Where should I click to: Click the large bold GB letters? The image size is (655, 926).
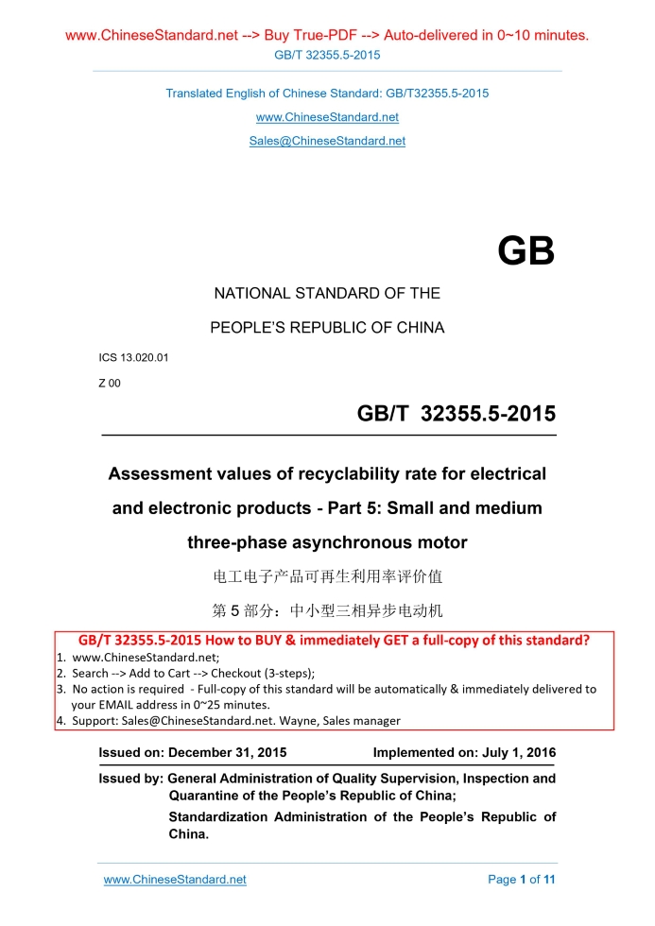coord(526,251)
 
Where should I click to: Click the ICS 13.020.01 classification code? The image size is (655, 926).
coord(134,358)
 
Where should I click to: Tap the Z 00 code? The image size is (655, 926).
coord(110,383)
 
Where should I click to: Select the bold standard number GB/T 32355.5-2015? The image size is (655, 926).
coord(456,414)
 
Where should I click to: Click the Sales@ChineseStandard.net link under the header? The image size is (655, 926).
coord(327,141)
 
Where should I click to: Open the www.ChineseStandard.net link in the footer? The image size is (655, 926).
coord(175,879)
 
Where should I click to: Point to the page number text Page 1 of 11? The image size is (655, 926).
coord(521,879)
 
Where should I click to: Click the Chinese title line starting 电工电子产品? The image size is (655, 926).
coord(327,575)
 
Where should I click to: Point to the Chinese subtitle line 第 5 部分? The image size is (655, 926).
coord(327,609)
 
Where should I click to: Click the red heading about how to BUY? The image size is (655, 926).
coord(327,641)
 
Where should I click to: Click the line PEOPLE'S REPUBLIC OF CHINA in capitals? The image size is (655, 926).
coord(327,328)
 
